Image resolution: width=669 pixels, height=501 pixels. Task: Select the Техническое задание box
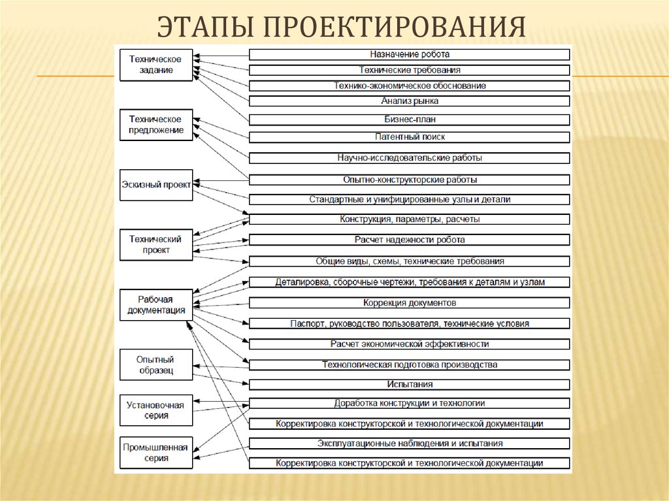pos(156,65)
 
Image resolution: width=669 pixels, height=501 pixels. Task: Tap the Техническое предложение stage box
pos(156,125)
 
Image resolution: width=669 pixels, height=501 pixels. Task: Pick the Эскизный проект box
pos(156,185)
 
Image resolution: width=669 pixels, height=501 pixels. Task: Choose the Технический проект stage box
pos(156,244)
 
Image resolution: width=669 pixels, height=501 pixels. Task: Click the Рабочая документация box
pos(156,304)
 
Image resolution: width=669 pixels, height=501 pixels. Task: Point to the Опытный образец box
pos(156,364)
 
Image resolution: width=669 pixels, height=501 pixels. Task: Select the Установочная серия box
pos(156,410)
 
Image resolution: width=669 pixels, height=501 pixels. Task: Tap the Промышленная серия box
pos(156,453)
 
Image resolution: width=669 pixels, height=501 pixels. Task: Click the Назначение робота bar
pos(410,54)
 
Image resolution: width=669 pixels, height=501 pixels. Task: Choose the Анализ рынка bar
pos(410,101)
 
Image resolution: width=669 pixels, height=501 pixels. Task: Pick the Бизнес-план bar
pos(410,120)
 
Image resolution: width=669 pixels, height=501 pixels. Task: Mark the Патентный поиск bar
pos(410,137)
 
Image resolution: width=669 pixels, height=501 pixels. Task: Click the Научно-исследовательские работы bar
pos(410,158)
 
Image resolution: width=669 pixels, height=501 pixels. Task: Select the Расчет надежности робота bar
pos(410,240)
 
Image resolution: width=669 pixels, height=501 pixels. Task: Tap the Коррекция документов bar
pos(410,303)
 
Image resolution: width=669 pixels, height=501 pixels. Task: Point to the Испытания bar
pos(410,385)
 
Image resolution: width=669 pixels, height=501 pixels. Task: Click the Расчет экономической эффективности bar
pos(410,344)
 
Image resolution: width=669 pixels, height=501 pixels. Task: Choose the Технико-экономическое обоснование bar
pos(410,86)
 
